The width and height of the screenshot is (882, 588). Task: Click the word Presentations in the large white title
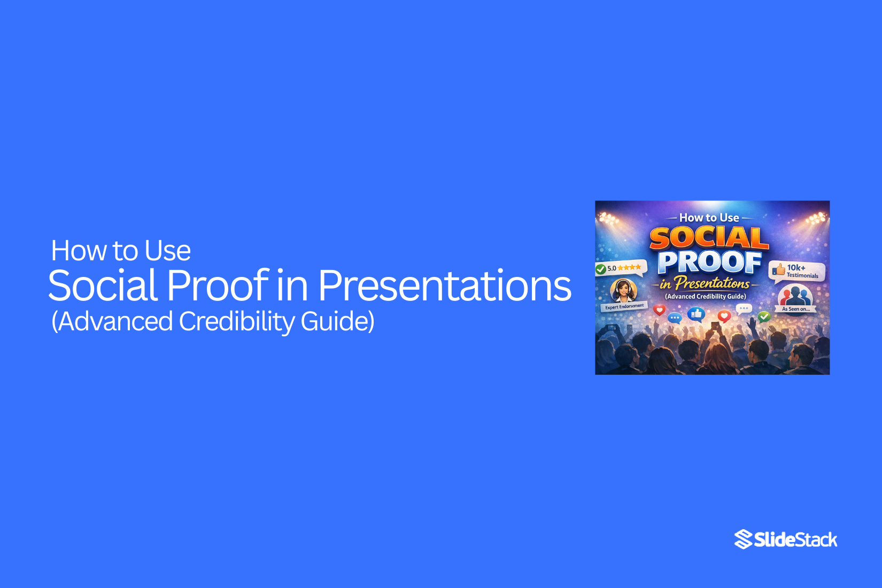pos(445,285)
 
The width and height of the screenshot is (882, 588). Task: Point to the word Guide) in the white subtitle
pos(337,321)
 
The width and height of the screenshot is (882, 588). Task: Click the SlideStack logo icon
pos(743,539)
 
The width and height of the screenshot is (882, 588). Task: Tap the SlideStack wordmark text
pos(795,540)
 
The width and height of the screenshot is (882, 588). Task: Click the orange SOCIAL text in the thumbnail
pos(709,238)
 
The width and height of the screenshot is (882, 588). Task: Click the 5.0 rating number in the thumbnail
pos(612,268)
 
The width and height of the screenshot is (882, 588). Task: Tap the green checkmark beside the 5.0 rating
pos(601,269)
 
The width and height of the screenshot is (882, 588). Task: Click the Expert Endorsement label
pos(624,306)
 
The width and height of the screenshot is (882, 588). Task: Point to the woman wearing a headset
pos(623,290)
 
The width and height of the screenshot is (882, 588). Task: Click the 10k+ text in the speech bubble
pos(796,267)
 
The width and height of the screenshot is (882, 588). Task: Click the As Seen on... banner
pos(795,309)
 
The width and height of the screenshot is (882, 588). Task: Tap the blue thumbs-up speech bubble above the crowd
pos(696,314)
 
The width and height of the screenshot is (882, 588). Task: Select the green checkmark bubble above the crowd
pos(764,316)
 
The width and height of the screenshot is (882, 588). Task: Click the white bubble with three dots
pos(744,308)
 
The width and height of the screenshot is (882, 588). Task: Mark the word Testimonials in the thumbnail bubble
pos(802,276)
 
